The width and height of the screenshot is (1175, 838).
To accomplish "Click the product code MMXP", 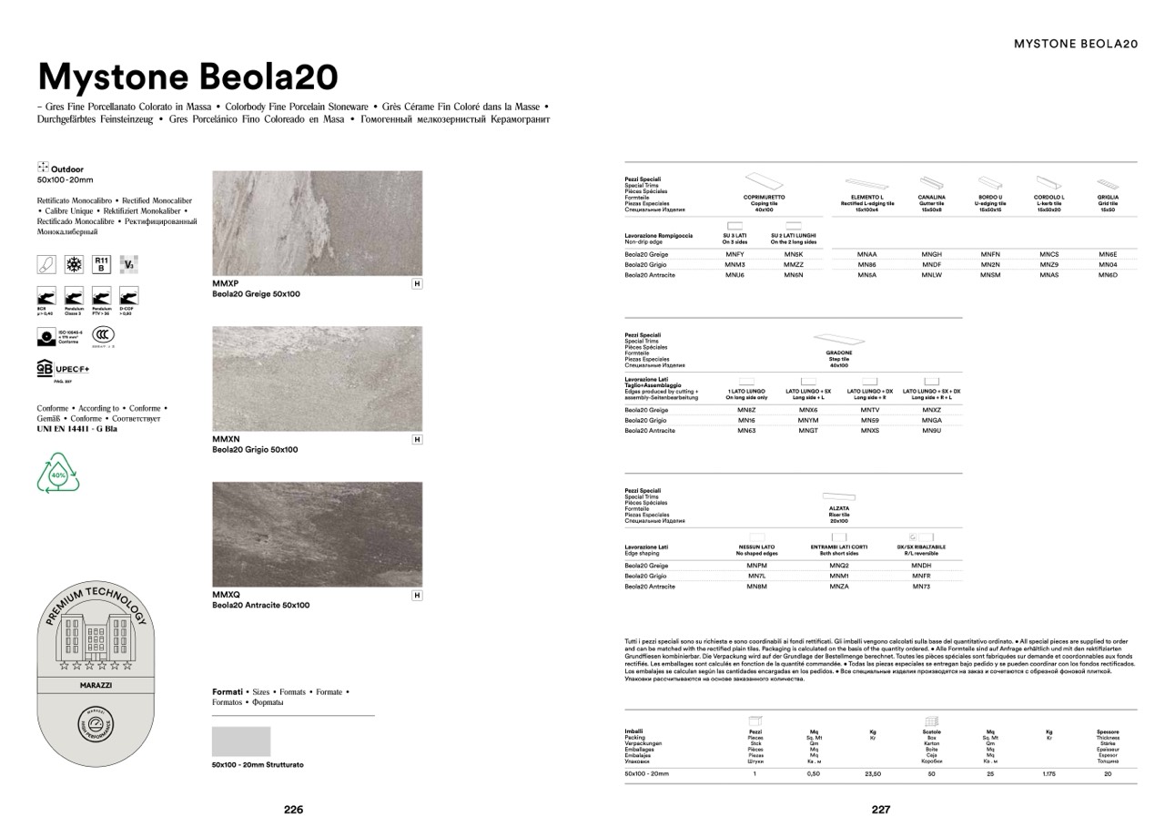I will [226, 284].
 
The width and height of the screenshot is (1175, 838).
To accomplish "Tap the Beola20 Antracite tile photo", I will [317, 534].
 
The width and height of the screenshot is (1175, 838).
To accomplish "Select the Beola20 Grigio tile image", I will [317, 379].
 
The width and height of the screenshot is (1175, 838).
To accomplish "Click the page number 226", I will [293, 809].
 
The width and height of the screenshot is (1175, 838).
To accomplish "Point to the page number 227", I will [881, 809].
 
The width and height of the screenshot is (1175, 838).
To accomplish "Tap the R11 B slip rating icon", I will [101, 264].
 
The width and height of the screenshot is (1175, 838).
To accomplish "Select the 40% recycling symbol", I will [57, 475].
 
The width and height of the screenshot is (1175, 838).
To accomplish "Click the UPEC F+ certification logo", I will [63, 369].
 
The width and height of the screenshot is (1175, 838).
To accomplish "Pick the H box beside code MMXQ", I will [417, 596].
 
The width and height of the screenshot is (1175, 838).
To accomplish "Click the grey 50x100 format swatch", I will [241, 741].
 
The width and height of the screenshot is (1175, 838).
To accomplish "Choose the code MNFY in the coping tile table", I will [735, 254].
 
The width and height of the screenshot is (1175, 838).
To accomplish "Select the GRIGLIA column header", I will [1108, 197].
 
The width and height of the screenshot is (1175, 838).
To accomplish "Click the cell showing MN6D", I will [1108, 274].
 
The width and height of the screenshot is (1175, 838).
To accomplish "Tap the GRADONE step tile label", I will [839, 353].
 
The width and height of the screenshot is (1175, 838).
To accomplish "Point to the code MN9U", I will [931, 430].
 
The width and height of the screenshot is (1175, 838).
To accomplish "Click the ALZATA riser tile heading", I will [839, 508].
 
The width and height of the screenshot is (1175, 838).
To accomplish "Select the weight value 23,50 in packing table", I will [872, 773].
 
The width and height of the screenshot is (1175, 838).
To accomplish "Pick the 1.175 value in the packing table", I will [1048, 773].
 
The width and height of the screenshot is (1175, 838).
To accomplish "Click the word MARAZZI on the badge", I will [96, 685].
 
